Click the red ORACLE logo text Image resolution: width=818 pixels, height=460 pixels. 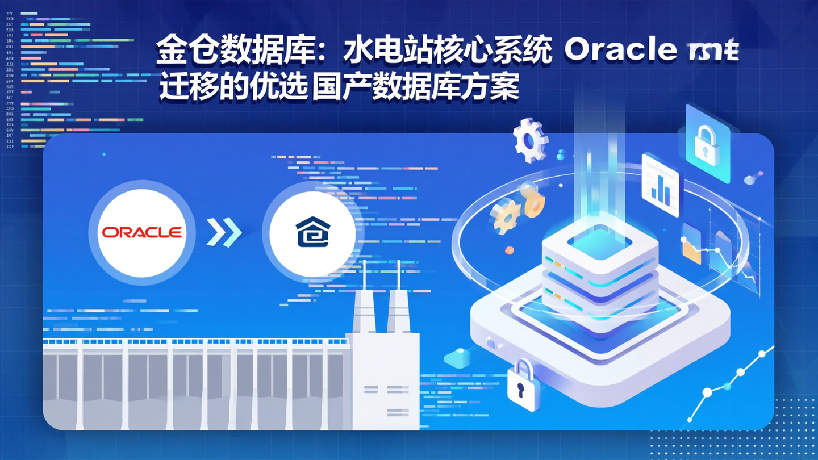pos(142,232)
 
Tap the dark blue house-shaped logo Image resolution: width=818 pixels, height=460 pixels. pos(312,232)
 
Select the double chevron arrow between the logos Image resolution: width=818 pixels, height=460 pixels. pos(224,232)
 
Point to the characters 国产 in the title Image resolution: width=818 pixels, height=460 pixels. pos(341,89)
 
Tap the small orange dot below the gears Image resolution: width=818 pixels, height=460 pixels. pos(510,250)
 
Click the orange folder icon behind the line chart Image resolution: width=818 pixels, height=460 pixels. pos(691,244)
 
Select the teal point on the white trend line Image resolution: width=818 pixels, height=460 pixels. pos(727,386)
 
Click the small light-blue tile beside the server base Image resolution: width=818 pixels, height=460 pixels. pos(457,358)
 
